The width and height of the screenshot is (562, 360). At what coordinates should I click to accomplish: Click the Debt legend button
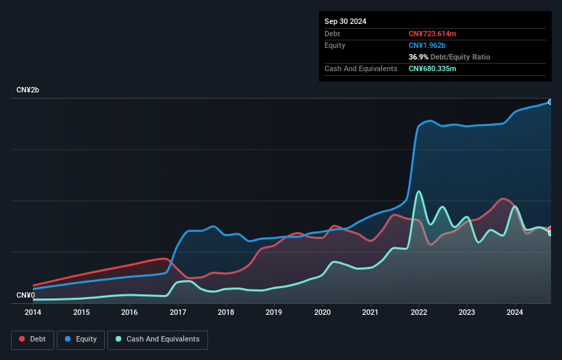(31, 339)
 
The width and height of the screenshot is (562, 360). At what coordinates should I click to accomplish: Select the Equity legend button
(81, 339)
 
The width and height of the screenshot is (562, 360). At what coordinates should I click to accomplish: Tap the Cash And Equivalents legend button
(157, 339)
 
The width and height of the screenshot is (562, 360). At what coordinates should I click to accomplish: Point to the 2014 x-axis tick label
(33, 312)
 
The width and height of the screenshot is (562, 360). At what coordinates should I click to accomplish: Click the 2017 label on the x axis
(178, 312)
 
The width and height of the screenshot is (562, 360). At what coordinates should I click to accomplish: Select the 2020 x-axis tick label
(322, 312)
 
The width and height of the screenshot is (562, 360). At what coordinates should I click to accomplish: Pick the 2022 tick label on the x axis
(419, 312)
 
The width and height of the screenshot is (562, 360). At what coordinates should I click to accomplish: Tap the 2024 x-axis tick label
(515, 312)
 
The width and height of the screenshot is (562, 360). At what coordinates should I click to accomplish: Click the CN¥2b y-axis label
(28, 90)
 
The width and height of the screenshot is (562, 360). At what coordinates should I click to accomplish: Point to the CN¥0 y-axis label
(25, 296)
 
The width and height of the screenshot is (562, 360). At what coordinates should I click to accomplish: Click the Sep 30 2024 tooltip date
(345, 21)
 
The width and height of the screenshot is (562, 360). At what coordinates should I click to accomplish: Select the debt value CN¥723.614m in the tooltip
(433, 34)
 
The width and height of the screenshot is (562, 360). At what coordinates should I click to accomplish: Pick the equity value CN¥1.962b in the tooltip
(427, 45)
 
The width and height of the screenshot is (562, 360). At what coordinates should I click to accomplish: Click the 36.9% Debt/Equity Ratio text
(449, 57)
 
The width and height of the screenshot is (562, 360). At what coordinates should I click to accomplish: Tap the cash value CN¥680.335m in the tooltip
(432, 69)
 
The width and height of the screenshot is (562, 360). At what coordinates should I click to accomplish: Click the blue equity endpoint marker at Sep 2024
(550, 101)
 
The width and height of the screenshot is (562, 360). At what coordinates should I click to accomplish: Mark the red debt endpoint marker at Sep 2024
(550, 229)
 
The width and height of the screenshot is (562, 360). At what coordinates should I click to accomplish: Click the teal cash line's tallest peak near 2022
(418, 191)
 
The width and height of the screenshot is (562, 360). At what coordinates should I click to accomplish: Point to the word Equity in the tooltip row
(335, 45)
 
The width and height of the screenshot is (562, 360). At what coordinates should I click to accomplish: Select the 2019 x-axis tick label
(274, 312)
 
